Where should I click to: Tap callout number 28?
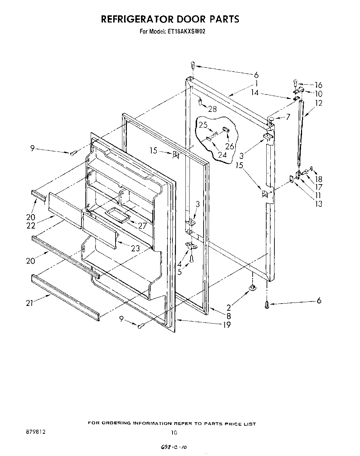(x=212, y=109)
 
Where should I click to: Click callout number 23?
(x=135, y=248)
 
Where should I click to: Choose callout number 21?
(x=30, y=303)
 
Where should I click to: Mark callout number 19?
(x=227, y=324)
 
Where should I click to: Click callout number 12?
(x=319, y=103)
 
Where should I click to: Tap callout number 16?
(x=318, y=85)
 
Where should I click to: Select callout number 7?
(x=288, y=117)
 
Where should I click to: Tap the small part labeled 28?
(x=200, y=102)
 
